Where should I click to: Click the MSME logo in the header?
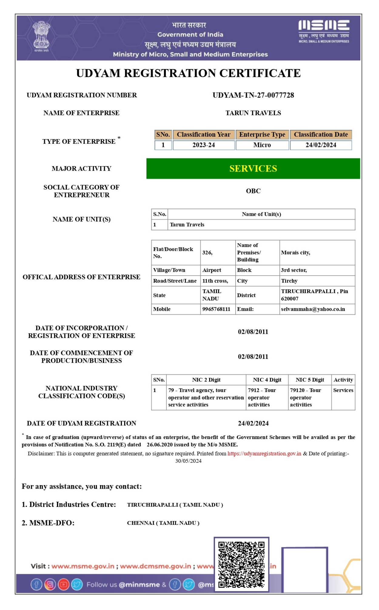click(324, 31)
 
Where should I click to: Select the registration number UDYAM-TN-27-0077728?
click(253, 95)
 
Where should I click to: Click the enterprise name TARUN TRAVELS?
click(253, 113)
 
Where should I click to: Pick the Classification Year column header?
click(203, 135)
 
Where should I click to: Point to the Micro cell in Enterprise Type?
click(262, 145)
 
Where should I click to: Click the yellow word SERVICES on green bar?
click(253, 169)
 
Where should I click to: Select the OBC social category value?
click(253, 191)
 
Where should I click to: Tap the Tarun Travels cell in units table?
click(187, 225)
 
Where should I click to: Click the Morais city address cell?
click(296, 253)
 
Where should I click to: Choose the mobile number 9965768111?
click(216, 309)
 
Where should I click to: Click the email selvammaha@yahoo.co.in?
click(313, 309)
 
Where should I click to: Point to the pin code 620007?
click(290, 299)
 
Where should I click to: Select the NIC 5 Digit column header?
click(310, 380)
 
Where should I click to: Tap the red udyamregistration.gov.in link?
click(264, 454)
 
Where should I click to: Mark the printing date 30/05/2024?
click(188, 461)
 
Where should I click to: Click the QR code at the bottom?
click(241, 565)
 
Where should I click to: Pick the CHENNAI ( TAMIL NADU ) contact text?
click(163, 523)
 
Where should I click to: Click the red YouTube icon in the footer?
click(63, 585)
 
